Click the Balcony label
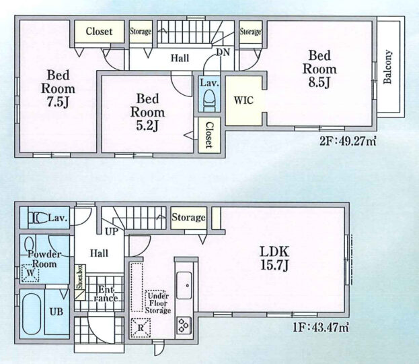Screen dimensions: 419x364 point(388,67)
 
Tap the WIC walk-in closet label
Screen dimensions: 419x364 point(243,100)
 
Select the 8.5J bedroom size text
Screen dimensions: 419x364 point(319,82)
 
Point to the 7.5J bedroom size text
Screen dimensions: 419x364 point(58,102)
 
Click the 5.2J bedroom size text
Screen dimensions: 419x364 point(147,125)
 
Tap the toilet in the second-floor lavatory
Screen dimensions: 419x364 point(210,100)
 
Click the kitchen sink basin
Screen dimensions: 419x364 point(184,286)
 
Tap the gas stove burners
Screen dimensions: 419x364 point(184,325)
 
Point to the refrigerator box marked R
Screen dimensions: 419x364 point(141,328)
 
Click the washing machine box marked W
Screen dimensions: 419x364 point(30,273)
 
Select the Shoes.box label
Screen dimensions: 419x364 point(80,276)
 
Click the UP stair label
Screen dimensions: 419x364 point(112,231)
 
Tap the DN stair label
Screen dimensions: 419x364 point(223,52)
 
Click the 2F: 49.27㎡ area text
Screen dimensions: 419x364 point(348,141)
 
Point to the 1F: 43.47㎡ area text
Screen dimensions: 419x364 point(321,327)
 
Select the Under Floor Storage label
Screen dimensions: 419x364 point(158,303)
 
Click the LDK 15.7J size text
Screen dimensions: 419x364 point(274,258)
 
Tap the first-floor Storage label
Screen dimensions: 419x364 point(189,217)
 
